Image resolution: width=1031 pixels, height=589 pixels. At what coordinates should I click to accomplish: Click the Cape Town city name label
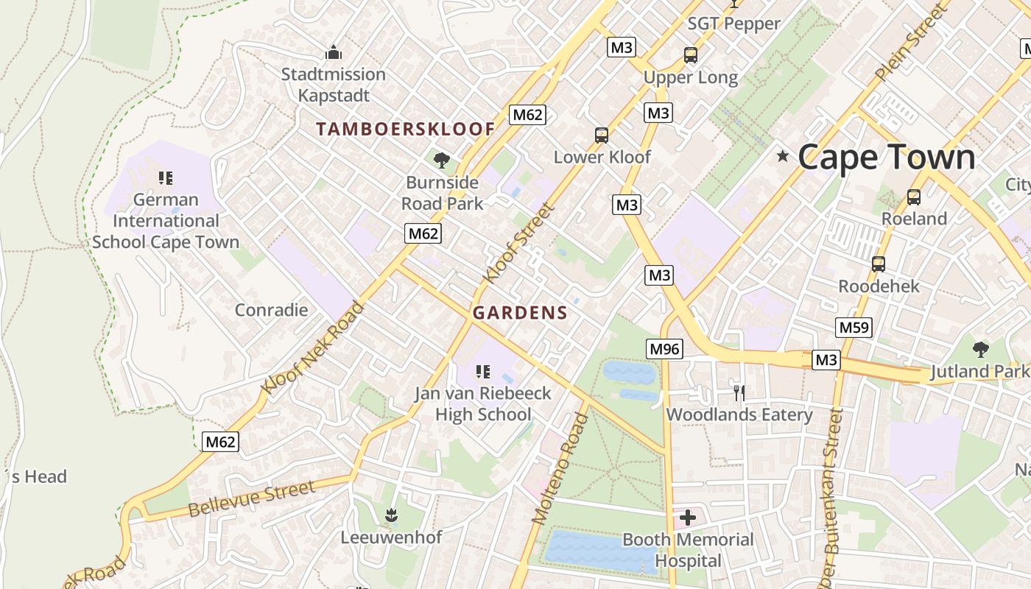click(x=886, y=158)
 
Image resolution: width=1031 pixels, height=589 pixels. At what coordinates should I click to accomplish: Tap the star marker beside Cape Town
click(x=782, y=156)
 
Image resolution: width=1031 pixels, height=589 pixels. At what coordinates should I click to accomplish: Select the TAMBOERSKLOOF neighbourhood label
click(x=405, y=129)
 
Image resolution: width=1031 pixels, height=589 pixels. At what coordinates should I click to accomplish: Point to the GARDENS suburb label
click(x=520, y=313)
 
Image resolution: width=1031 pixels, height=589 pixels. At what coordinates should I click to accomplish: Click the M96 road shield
click(x=665, y=348)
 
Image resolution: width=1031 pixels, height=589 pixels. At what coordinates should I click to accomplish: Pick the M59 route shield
click(x=854, y=328)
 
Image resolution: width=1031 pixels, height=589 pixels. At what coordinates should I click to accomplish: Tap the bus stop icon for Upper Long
click(x=690, y=55)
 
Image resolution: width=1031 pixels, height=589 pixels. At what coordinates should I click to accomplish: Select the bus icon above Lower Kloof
click(x=602, y=135)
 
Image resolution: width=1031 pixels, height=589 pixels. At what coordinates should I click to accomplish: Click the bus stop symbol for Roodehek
click(x=878, y=264)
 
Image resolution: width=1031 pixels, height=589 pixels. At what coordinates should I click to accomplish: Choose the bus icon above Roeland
click(x=913, y=197)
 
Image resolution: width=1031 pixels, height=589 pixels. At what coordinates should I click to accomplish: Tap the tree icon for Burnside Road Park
click(x=442, y=160)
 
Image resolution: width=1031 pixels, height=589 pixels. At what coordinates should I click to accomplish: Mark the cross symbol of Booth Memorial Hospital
click(x=687, y=518)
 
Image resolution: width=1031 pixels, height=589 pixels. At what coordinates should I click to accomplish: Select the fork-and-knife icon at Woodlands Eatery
click(x=739, y=392)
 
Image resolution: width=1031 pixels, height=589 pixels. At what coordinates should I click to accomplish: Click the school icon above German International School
click(x=166, y=178)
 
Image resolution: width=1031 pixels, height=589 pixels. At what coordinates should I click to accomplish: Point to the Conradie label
click(x=271, y=310)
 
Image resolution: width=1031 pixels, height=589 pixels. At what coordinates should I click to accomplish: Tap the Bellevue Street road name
click(x=252, y=498)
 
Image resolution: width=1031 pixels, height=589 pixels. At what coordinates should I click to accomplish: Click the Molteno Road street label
click(x=560, y=469)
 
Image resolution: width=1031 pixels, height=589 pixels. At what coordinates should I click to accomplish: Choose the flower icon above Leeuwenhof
click(x=391, y=515)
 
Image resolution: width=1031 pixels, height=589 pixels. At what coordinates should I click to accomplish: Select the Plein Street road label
click(x=910, y=43)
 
